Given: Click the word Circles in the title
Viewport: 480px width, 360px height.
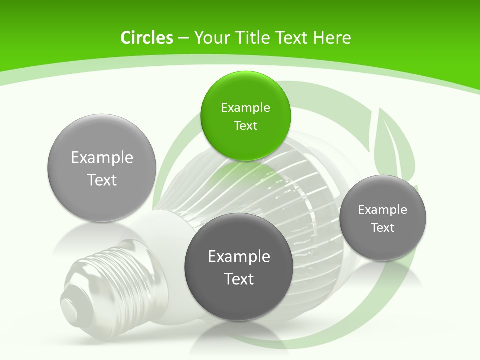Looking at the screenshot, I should (146, 38).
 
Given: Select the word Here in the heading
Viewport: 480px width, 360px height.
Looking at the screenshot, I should (332, 38).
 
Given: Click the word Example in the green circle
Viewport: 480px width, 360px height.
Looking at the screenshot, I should (245, 108).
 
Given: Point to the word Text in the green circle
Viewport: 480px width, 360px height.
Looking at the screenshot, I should (245, 126).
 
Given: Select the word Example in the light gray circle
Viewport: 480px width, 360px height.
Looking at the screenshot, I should (102, 158).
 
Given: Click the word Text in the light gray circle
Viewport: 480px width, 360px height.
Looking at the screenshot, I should (102, 180).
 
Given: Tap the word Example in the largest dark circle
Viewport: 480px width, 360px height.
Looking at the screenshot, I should (239, 257).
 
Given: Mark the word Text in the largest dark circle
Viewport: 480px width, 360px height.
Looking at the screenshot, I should (239, 279).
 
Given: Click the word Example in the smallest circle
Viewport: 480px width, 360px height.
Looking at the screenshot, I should (383, 210).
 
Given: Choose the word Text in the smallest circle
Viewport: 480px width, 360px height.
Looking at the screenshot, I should (383, 228).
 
